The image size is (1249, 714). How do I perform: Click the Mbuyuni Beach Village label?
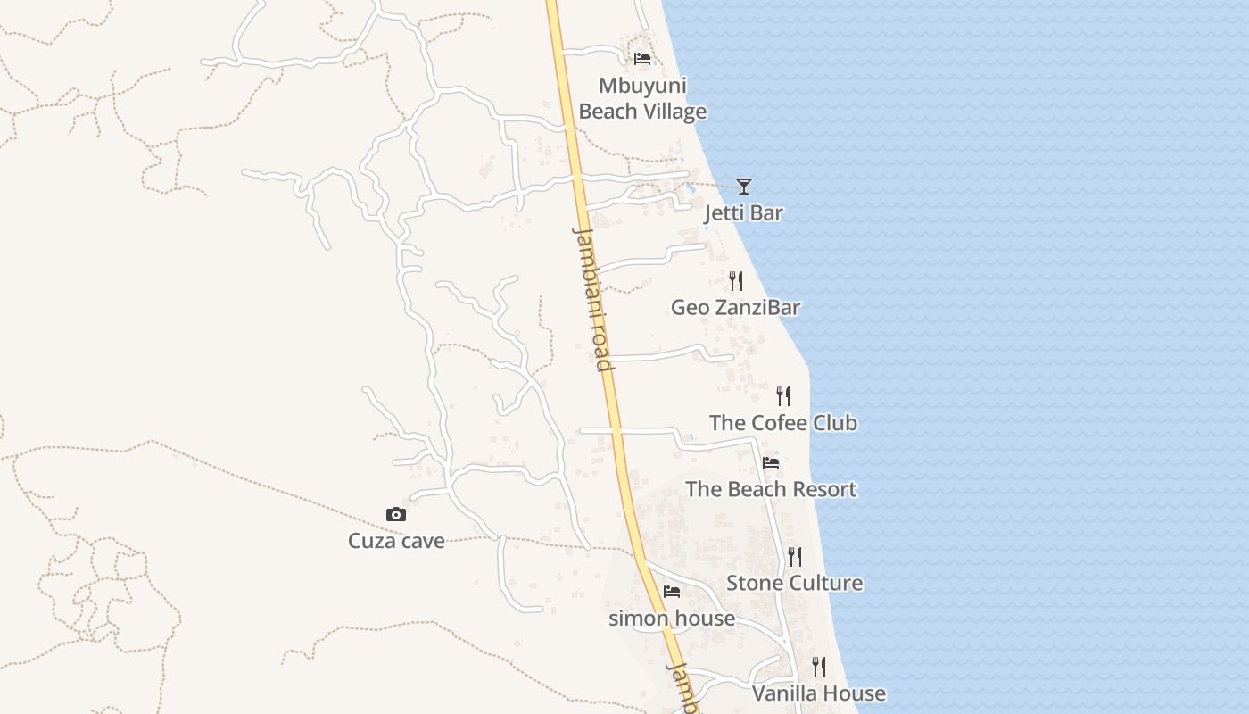[x=642, y=98]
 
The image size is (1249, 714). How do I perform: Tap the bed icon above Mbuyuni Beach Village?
[x=641, y=59]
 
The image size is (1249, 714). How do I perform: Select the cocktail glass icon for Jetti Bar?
[x=744, y=186]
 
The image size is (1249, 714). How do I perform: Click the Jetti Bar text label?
[x=743, y=212]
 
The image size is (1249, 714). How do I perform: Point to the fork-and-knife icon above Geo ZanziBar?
[x=736, y=280]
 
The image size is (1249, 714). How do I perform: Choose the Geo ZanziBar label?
[x=735, y=307]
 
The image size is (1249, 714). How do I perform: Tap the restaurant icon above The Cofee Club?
[x=783, y=395]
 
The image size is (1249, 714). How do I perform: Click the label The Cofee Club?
[x=782, y=422]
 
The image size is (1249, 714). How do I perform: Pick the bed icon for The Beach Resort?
[x=771, y=462]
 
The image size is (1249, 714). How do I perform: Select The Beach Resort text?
[x=770, y=489]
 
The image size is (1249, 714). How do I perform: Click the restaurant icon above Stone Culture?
[x=795, y=556]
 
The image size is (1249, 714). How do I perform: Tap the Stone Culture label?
[x=794, y=583]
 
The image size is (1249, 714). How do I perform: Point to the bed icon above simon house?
[x=672, y=591]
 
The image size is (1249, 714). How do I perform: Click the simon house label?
[x=671, y=618]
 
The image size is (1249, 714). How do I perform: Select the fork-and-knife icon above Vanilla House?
[x=819, y=666]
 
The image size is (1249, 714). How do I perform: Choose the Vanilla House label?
[x=818, y=693]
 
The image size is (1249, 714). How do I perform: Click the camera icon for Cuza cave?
[x=396, y=514]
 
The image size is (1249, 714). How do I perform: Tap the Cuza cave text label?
[x=396, y=540]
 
